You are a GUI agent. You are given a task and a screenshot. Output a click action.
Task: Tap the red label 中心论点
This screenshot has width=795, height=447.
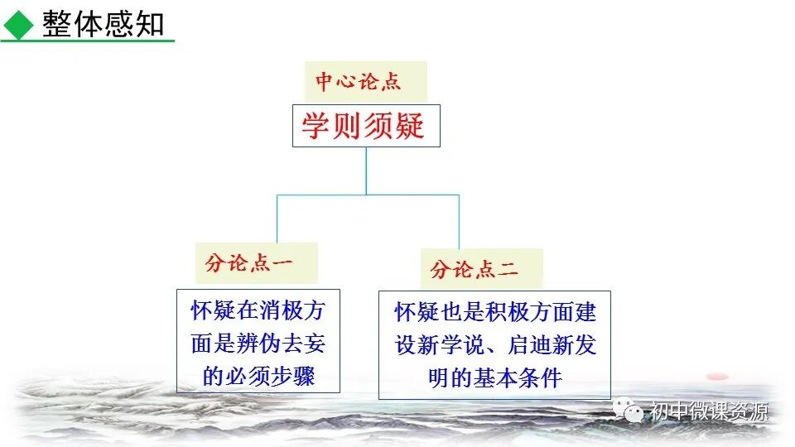358,82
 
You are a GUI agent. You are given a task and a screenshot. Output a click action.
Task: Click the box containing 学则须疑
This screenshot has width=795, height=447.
365,126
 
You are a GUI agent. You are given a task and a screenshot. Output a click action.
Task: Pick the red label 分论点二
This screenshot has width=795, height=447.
475,269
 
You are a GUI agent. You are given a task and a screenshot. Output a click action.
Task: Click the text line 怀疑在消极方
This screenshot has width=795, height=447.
258,311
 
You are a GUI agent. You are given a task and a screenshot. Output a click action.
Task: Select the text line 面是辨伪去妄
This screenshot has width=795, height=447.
258,344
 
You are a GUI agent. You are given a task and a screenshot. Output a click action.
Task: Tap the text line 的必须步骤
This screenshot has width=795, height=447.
258,377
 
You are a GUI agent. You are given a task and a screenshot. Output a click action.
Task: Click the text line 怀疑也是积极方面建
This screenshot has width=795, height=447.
495,312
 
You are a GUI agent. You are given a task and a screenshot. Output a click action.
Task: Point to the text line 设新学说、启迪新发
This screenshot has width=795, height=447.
495,345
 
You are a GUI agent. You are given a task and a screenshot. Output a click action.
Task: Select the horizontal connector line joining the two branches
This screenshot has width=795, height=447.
368,195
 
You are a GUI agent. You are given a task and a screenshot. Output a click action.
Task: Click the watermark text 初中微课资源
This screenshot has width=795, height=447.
709,411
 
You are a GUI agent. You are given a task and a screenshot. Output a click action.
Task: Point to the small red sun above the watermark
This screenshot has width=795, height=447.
716,377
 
